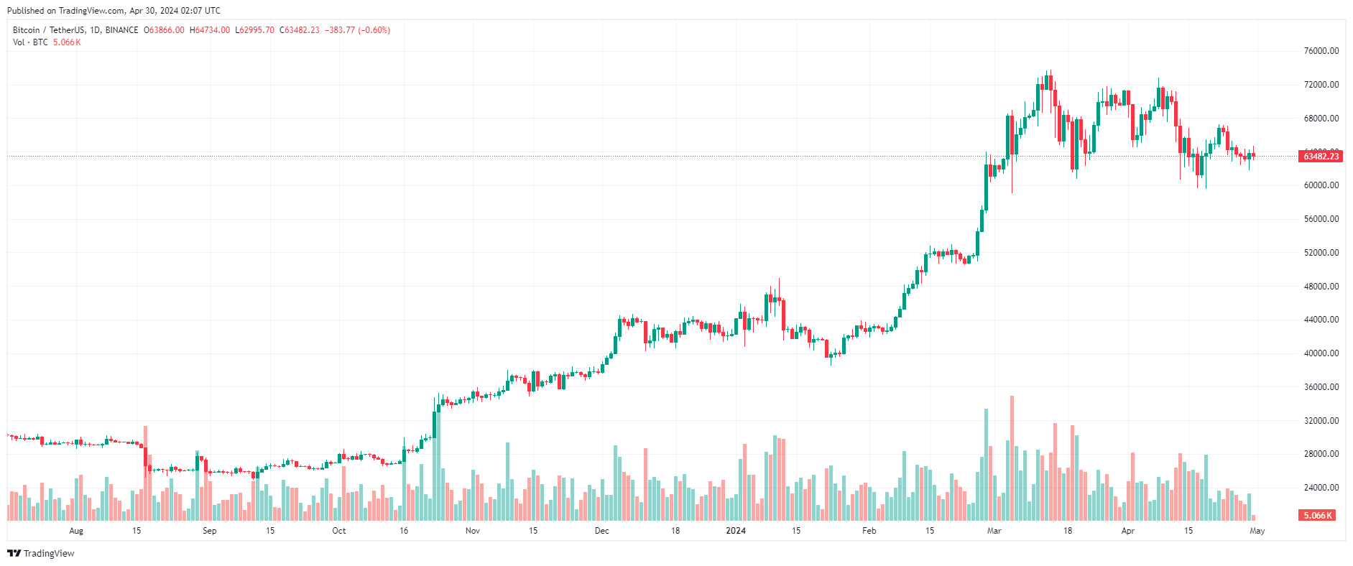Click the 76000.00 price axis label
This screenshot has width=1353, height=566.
tap(1321, 51)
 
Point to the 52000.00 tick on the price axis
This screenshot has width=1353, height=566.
tap(1321, 253)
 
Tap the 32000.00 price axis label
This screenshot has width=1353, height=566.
tap(1321, 421)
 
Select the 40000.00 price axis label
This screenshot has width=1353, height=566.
tap(1321, 353)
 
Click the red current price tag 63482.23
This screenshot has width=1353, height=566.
tap(1321, 157)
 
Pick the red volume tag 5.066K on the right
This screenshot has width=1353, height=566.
tap(1318, 516)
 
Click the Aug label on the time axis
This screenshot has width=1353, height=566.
tap(76, 532)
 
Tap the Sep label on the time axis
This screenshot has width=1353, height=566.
tap(209, 532)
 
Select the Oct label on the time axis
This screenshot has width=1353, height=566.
tap(338, 532)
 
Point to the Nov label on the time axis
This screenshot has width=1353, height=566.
tap(472, 532)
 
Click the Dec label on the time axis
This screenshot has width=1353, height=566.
tap(601, 532)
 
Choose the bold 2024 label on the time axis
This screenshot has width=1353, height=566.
tap(736, 532)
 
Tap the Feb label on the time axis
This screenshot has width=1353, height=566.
tap(869, 532)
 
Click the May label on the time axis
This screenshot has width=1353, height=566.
tap(1257, 532)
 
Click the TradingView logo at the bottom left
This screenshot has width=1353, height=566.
tap(41, 554)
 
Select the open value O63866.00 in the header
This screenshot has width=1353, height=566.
tap(165, 30)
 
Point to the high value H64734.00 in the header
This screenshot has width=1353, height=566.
tap(210, 30)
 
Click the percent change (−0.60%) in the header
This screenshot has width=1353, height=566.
tap(374, 30)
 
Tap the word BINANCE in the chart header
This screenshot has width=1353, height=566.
tap(121, 30)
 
